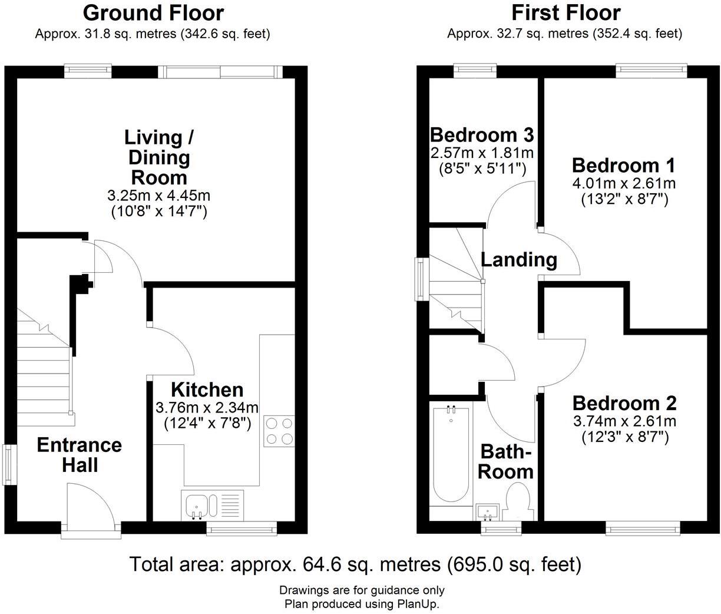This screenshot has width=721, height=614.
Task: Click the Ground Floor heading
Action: [153, 12]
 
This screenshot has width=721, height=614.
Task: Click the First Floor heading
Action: [565, 12]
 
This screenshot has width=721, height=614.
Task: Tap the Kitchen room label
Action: [207, 389]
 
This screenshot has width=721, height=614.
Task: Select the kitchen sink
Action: [196, 506]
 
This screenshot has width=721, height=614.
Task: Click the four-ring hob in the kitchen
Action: [279, 431]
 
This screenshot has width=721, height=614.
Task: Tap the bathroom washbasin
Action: [488, 511]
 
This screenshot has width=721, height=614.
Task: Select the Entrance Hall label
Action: [80, 454]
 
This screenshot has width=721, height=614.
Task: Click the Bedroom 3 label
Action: [482, 135]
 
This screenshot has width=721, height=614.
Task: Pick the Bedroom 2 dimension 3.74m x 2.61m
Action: [625, 421]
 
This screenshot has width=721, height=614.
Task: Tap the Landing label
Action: [518, 259]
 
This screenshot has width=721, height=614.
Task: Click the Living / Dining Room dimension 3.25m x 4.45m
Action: [159, 195]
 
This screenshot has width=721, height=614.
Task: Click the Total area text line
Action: [355, 565]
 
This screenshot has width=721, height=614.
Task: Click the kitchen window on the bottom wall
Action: [242, 530]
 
